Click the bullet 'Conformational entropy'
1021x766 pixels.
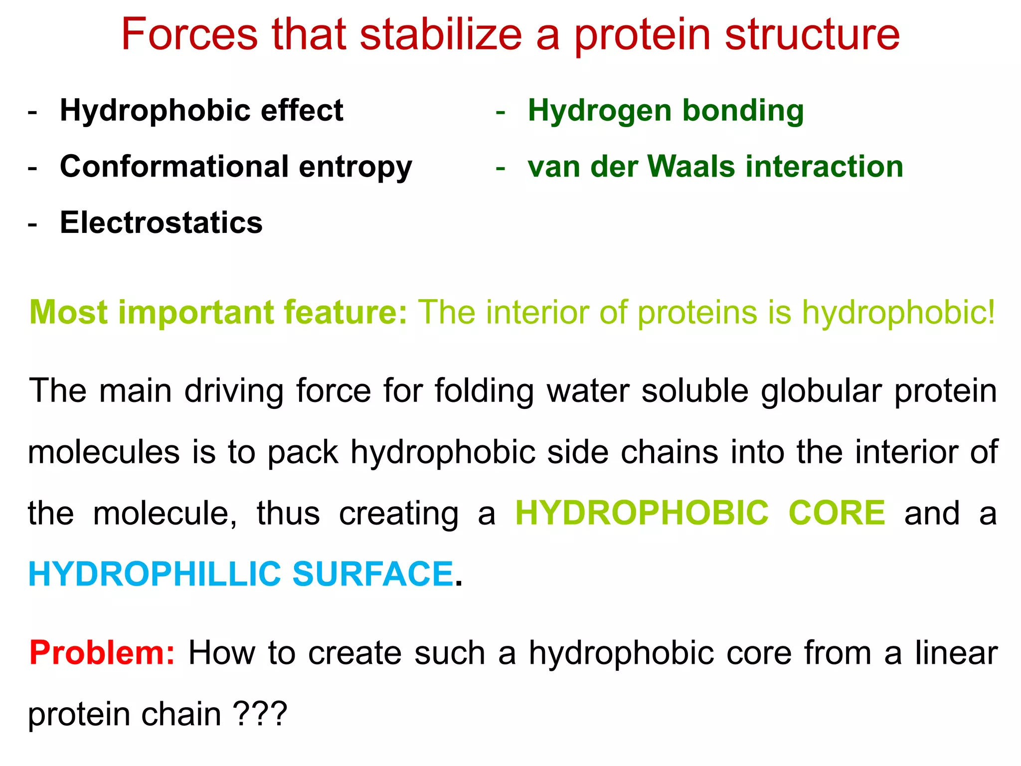pos(236,166)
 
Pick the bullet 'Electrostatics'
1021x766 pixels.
pos(161,222)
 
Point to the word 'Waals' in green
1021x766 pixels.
pos(691,166)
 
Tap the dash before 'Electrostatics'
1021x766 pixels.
pos(33,223)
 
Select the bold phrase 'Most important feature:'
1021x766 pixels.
pos(218,313)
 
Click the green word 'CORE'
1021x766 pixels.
pos(837,513)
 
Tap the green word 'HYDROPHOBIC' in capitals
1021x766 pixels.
pos(642,513)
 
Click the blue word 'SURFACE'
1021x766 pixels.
pos(372,574)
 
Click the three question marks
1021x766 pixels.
pos(260,714)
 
